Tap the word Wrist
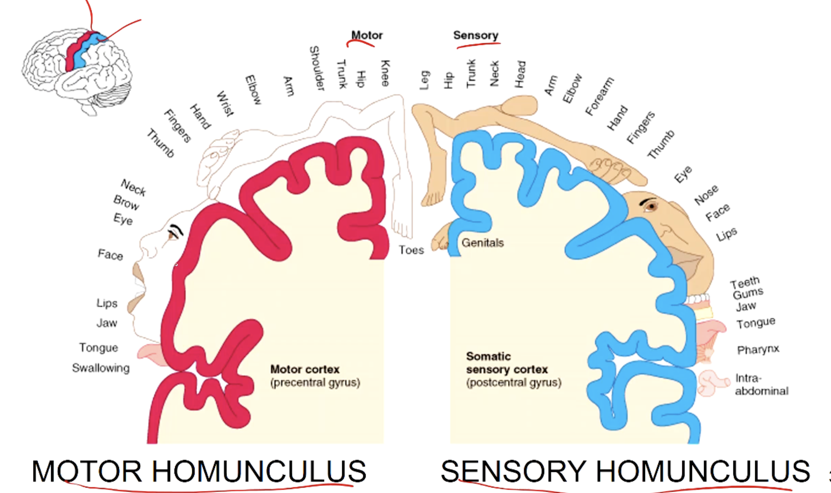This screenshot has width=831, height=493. (x=225, y=104)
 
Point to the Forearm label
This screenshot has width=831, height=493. (x=599, y=96)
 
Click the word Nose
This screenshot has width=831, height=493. (x=706, y=195)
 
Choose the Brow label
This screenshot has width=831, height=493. (x=126, y=202)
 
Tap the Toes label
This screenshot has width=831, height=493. (x=411, y=250)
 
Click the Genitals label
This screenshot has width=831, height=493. (x=483, y=243)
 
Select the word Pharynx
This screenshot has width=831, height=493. (x=758, y=349)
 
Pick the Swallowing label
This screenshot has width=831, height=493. (x=101, y=368)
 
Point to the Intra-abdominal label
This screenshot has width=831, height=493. (x=761, y=384)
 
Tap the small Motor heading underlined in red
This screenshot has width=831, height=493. (x=367, y=35)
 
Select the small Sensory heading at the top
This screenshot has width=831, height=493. (x=476, y=35)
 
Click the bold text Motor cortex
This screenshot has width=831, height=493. (x=305, y=369)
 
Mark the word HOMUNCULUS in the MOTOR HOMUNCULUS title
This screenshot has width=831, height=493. (x=259, y=471)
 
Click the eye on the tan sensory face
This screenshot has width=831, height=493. (x=650, y=206)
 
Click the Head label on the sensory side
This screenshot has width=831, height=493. (x=520, y=74)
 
